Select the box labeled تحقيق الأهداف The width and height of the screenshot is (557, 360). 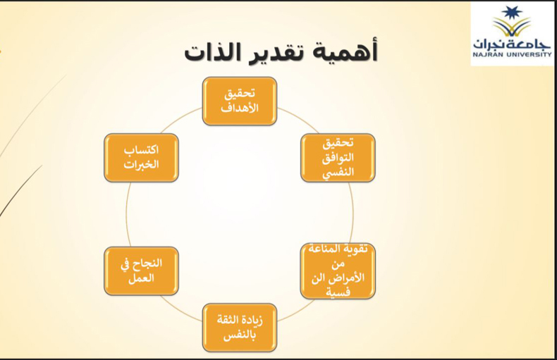coord(239,101)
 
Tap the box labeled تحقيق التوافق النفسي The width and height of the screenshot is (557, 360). coord(338,157)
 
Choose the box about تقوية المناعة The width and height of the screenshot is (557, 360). coord(338,271)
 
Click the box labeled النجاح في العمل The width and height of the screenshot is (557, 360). coord(141,271)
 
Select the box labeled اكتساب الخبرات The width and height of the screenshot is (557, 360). coord(141,157)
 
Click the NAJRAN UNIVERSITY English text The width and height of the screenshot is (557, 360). coord(513,53)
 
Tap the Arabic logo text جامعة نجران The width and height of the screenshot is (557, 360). coord(513,41)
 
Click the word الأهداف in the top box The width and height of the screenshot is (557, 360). coord(239,108)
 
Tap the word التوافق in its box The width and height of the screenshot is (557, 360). coord(338,157)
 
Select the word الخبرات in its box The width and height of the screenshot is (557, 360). coord(141,164)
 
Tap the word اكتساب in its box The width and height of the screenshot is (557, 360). coord(141,150)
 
